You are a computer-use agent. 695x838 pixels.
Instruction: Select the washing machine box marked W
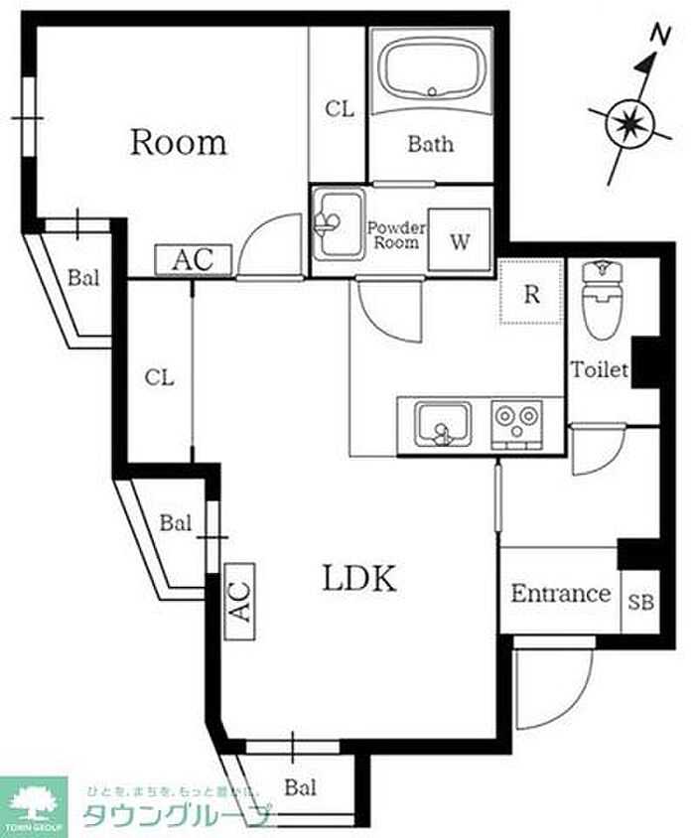pyautogui.click(x=460, y=240)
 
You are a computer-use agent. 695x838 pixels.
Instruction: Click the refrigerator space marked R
pyautogui.click(x=531, y=293)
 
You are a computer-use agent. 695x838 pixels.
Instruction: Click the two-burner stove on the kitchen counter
pyautogui.click(x=518, y=424)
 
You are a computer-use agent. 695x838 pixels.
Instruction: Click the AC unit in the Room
pyautogui.click(x=194, y=260)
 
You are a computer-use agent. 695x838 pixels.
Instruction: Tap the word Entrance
pyautogui.click(x=560, y=594)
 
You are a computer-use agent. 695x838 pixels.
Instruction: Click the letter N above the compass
pyautogui.click(x=656, y=35)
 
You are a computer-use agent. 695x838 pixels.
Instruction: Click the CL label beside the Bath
pyautogui.click(x=339, y=110)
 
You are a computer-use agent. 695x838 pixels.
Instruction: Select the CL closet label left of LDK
pyautogui.click(x=159, y=377)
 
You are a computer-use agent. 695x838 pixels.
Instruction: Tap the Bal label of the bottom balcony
pyautogui.click(x=300, y=788)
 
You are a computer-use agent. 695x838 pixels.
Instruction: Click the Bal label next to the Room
pyautogui.click(x=83, y=278)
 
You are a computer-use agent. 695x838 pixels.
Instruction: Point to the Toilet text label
pyautogui.click(x=599, y=370)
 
